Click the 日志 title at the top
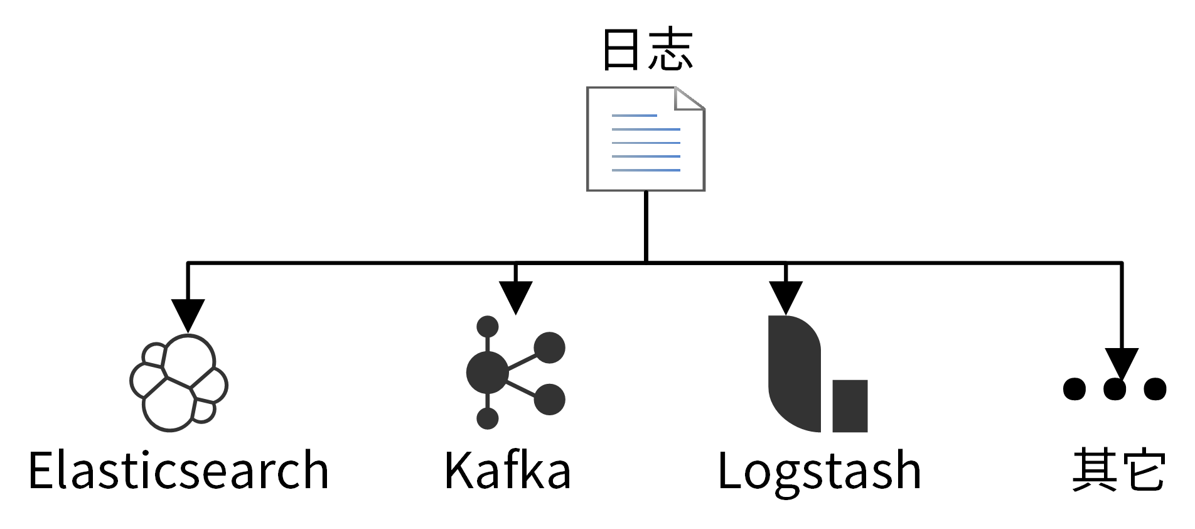647,49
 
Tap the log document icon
645,139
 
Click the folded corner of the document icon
689,98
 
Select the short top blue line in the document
634,116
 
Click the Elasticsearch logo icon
179,383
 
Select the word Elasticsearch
179,471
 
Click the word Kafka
508,471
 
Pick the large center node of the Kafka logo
488,373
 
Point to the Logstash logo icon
816,374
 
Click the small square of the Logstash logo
850,406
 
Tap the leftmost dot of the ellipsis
1074,388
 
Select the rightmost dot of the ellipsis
1155,388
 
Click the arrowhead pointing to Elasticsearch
188,314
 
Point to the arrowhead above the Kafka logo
515,296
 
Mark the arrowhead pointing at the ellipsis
1122,363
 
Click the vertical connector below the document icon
646,226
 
